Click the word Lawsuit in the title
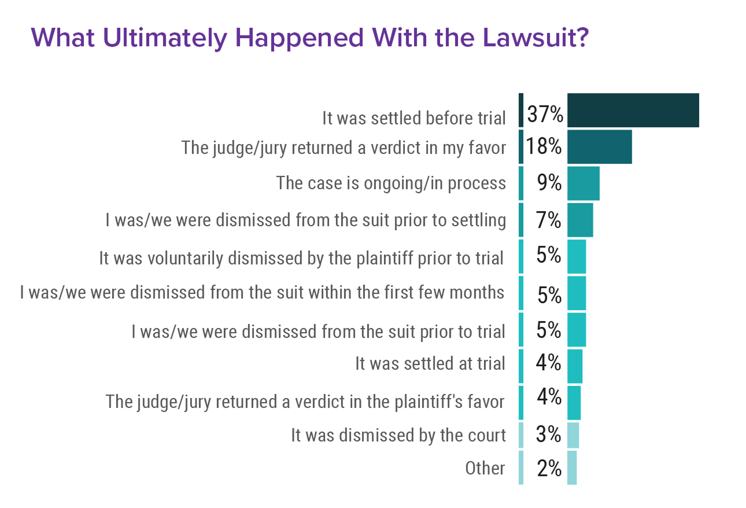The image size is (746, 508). coord(536,38)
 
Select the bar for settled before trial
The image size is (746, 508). coord(633,110)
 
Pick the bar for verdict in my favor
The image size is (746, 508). coord(599,147)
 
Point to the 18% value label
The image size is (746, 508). coord(543,146)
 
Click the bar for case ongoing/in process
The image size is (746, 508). coord(583,183)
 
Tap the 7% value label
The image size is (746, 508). coord(548,220)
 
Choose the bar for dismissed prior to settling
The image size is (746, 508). coord(580,220)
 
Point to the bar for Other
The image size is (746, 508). coord(572,467)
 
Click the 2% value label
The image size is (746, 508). coord(549,468)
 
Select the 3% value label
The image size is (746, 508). coord(548,434)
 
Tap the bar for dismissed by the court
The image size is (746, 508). coord(573,435)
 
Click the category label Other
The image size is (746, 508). coord(485,468)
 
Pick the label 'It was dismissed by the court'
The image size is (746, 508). coord(398,435)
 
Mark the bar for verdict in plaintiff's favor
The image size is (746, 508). coord(574,403)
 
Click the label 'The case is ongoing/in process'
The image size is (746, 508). coord(391,183)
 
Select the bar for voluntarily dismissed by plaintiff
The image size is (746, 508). coord(576,257)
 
